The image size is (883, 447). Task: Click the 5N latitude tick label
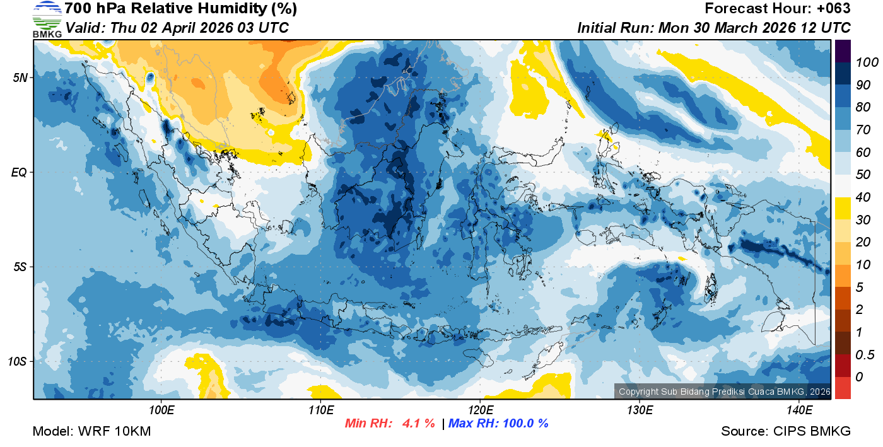[20, 78]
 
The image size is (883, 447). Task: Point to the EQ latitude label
[20, 172]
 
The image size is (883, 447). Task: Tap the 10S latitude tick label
[18, 362]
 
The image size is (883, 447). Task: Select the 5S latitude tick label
[20, 267]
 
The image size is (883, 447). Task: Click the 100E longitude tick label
[161, 410]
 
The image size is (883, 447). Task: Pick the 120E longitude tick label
[480, 410]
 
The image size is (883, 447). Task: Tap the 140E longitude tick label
[799, 410]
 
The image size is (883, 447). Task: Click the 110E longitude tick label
[320, 410]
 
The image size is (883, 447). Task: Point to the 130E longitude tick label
[640, 410]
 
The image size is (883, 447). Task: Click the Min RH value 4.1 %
[418, 424]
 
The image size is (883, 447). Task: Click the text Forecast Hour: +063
[777, 9]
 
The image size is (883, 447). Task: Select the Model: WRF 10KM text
[91, 431]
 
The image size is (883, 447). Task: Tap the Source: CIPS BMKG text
[786, 431]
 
